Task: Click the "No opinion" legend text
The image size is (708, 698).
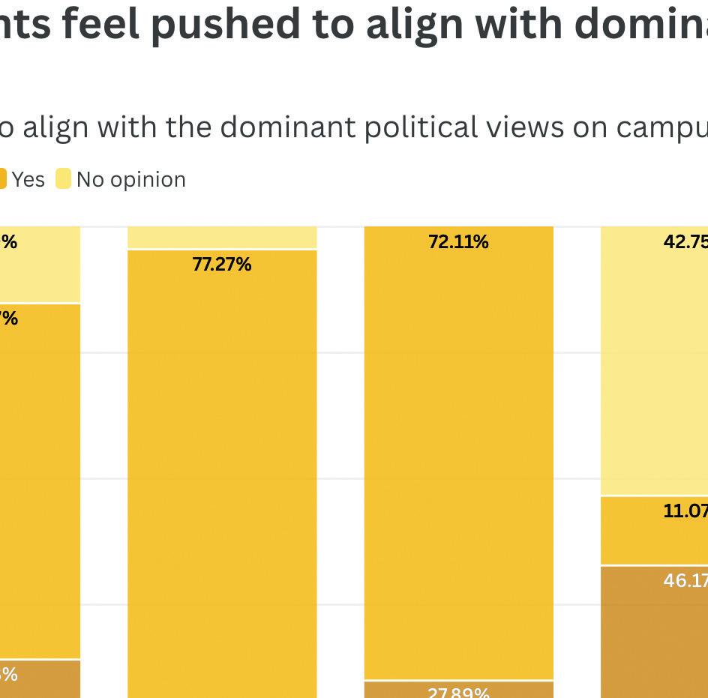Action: (130, 180)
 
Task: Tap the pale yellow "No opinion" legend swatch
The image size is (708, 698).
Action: (63, 179)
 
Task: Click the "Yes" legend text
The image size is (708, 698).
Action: (28, 180)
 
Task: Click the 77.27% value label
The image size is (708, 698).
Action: (222, 265)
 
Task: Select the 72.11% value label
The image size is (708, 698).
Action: (458, 242)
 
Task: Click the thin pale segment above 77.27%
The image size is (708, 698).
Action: (222, 237)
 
